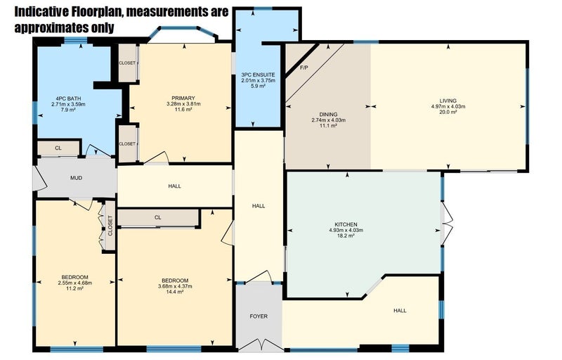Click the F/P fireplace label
(304, 67)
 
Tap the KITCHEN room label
(346, 224)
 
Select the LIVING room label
(448, 101)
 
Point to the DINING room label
(328, 115)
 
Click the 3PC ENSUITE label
(258, 75)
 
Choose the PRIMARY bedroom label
(183, 98)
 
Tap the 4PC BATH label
(68, 98)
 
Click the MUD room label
(76, 178)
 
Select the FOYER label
(259, 316)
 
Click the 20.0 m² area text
(448, 112)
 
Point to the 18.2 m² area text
(346, 236)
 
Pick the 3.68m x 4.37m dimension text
(175, 286)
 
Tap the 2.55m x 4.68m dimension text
(75, 283)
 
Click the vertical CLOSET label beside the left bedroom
(110, 226)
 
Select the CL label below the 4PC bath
(58, 148)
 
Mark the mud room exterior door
(39, 178)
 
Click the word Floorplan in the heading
(96, 12)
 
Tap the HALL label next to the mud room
(174, 186)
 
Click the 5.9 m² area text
(258, 86)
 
